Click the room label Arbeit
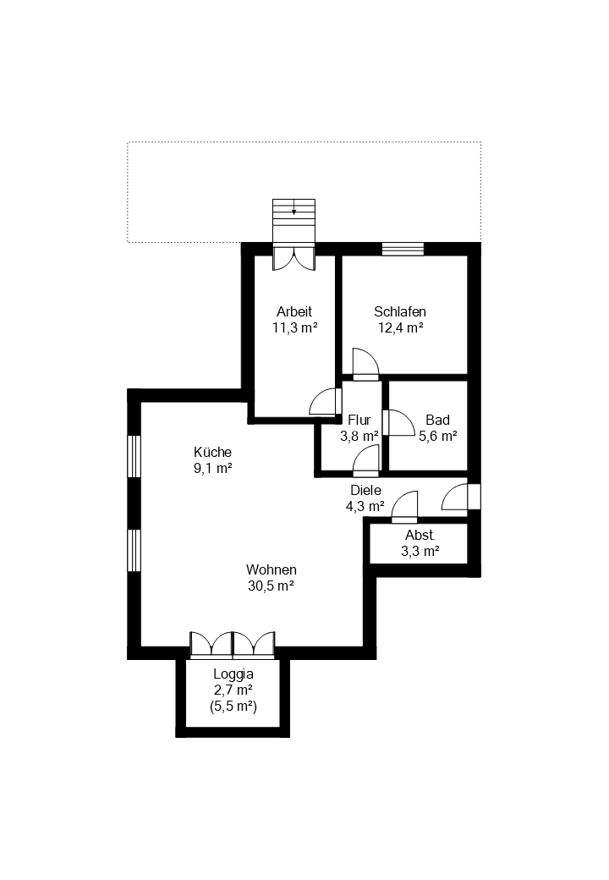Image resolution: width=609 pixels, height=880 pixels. pyautogui.click(x=294, y=311)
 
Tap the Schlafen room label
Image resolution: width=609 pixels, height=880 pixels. pyautogui.click(x=399, y=311)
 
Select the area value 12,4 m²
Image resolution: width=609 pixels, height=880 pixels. pyautogui.click(x=399, y=327)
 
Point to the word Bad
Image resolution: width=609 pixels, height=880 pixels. pyautogui.click(x=437, y=420)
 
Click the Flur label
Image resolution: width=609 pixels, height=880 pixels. pyautogui.click(x=359, y=420)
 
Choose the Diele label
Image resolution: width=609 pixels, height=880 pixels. pyautogui.click(x=365, y=490)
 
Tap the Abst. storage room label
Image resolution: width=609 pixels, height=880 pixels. pyautogui.click(x=420, y=535)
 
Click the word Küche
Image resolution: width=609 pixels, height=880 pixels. pyautogui.click(x=212, y=452)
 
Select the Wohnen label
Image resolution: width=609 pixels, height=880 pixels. pyautogui.click(x=271, y=569)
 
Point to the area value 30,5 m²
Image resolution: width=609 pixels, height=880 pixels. pyautogui.click(x=271, y=586)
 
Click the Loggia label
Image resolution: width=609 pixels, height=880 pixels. pyautogui.click(x=233, y=674)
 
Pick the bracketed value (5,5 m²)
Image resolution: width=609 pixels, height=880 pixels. pyautogui.click(x=233, y=706)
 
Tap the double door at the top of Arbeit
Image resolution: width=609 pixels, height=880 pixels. pyautogui.click(x=294, y=257)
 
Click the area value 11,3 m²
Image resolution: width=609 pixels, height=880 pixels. pyautogui.click(x=294, y=327)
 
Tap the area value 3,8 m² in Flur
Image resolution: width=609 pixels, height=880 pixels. pyautogui.click(x=359, y=437)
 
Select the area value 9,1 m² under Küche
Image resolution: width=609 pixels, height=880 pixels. pyautogui.click(x=212, y=468)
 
